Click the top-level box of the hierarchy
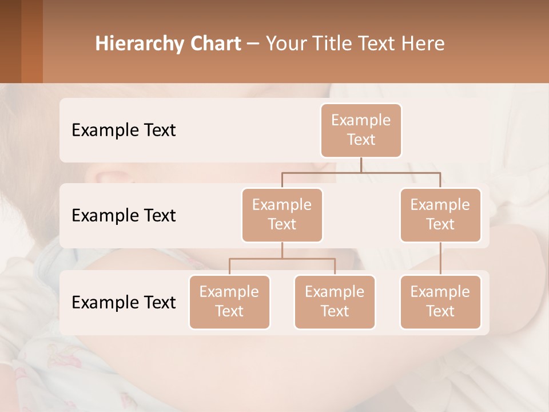point(361,130)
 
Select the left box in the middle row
point(282,215)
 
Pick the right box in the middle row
point(440,215)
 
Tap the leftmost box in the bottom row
point(229,302)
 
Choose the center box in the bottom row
point(335,302)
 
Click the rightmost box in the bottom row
point(440,302)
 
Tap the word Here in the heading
point(424,44)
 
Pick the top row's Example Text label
point(124,130)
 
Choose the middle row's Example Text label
point(124,216)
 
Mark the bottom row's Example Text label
point(124,303)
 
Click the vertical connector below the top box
point(361,165)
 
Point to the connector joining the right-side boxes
point(440,259)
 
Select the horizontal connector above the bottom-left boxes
point(282,259)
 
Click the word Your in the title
point(285,44)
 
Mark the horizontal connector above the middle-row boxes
point(361,172)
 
